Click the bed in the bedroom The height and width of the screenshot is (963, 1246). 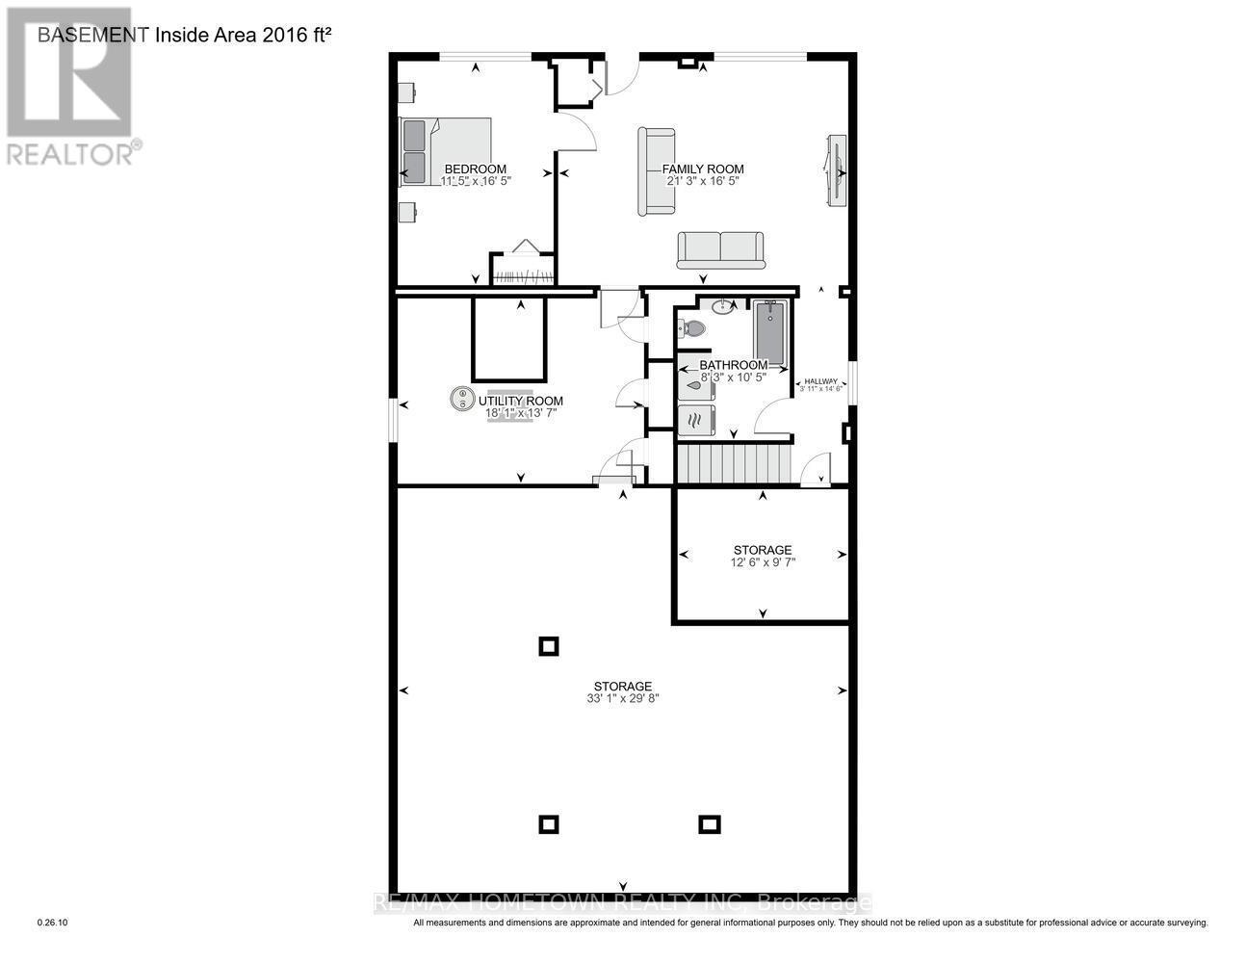(x=446, y=151)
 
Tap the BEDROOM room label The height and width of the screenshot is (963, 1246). (x=475, y=169)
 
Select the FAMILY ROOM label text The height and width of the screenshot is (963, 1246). (x=703, y=169)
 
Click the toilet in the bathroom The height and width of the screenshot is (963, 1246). (x=692, y=328)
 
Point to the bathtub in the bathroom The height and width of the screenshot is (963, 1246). (x=769, y=332)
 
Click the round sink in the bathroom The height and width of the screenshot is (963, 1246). (x=723, y=307)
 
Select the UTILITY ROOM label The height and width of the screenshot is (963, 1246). (x=521, y=402)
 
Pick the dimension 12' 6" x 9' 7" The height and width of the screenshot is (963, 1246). (x=763, y=562)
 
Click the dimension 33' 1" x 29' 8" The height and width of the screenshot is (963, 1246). (x=623, y=699)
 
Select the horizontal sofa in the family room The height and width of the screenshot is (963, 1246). (x=719, y=250)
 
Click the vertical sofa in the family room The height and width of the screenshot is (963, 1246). (x=656, y=171)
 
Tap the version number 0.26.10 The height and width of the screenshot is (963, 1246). (x=52, y=923)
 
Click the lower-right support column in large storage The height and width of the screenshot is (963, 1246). (x=709, y=824)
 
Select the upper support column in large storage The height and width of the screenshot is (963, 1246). (x=548, y=647)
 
